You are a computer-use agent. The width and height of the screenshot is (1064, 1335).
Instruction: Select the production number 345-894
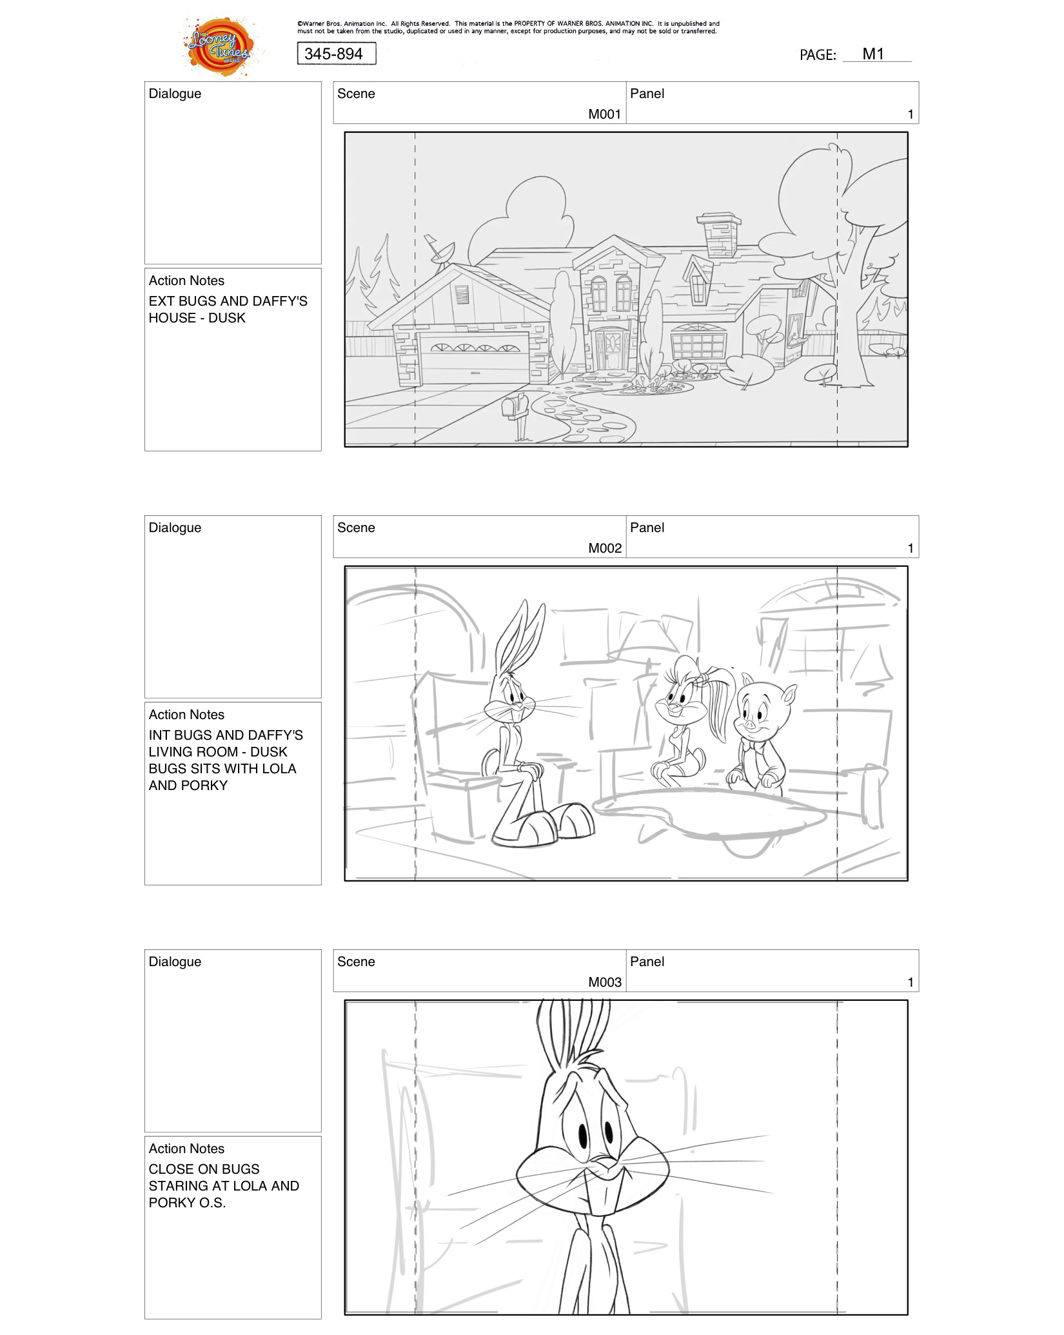336,54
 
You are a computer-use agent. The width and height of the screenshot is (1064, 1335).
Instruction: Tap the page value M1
873,54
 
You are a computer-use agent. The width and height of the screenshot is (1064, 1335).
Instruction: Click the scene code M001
604,114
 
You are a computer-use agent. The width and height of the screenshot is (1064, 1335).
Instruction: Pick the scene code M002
604,548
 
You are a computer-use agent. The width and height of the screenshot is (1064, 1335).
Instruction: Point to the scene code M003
604,982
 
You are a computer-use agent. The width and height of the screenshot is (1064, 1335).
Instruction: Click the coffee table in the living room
709,816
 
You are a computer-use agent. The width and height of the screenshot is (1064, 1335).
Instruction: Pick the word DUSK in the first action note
226,318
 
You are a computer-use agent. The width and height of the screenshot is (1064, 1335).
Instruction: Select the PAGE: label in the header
817,55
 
